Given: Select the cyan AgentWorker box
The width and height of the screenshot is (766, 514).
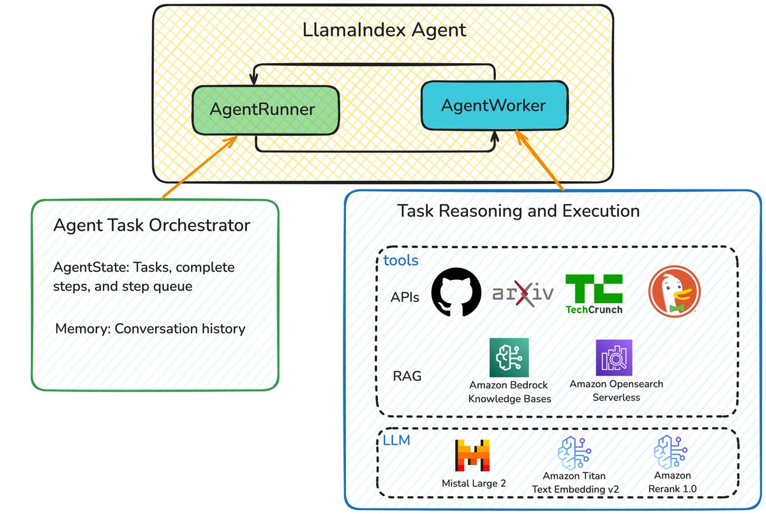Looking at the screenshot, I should pos(494,105).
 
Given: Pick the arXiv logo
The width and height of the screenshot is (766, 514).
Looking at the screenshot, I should pos(523,294).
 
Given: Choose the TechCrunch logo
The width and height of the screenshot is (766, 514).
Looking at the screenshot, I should pos(594,293).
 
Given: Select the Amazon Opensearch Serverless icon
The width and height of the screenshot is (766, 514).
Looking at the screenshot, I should pos(613,357).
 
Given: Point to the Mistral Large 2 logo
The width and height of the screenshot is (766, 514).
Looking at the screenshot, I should pos(473,456).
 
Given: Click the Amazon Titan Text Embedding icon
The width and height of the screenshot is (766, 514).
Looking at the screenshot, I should pos(574,453).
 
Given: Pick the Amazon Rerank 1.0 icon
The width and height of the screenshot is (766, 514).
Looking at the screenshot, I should pos(672,452).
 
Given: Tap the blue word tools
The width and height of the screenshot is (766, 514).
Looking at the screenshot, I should pos(401,260).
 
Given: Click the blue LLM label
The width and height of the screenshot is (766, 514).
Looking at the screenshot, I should pos(397,440).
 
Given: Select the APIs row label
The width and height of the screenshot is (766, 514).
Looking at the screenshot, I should pos(405,297).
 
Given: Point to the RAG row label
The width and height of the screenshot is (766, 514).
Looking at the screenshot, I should pos(407,376).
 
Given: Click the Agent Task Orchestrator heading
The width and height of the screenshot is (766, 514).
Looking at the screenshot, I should pos(151,225).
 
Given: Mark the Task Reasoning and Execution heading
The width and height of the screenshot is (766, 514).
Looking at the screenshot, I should pos(518,210).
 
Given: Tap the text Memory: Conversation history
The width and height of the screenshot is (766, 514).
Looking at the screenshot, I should pos(150,329).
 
